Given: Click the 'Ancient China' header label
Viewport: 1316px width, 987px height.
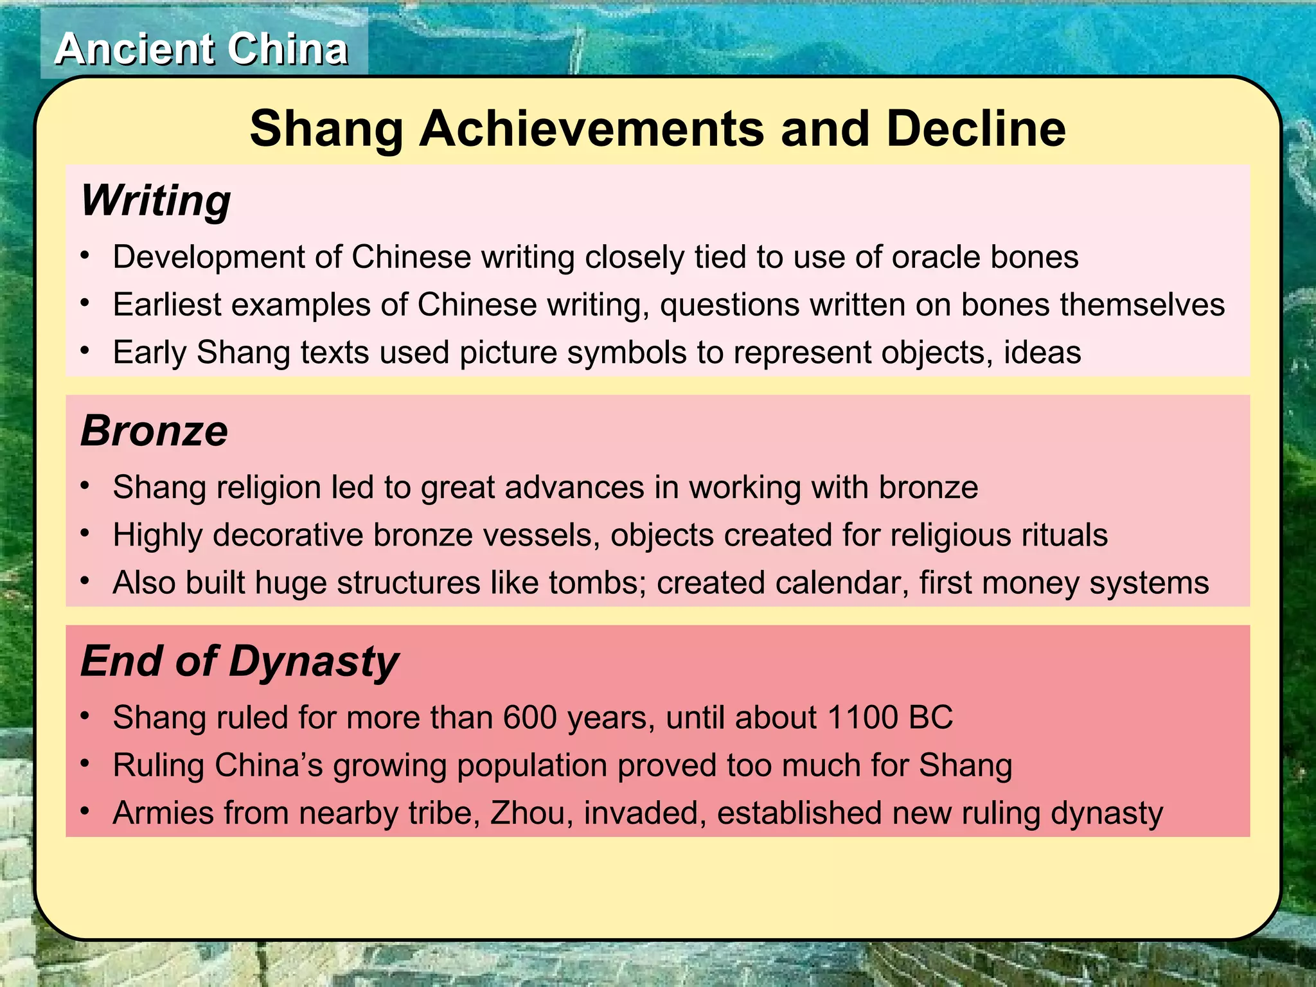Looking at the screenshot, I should tap(201, 49).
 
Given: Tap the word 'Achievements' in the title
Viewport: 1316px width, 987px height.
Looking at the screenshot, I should tap(592, 129).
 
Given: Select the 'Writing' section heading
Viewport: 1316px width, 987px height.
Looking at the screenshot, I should tap(156, 201).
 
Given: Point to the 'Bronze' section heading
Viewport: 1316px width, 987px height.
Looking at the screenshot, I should tap(154, 431).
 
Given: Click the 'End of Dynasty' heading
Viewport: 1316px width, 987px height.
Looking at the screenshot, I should tap(240, 662).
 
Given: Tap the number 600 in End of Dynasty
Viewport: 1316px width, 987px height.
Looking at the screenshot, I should tap(529, 717).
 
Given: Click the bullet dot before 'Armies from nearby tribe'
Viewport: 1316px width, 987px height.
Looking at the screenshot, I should tap(85, 812).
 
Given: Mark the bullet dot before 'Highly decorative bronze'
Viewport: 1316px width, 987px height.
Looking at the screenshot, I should tap(85, 533).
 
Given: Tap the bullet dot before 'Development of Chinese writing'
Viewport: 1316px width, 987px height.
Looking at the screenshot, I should tap(85, 255).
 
